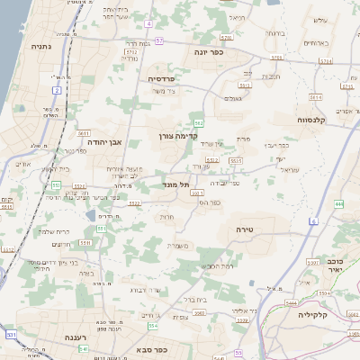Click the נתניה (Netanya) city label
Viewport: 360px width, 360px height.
coord(40,45)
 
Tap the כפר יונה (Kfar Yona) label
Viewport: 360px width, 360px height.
coord(208,52)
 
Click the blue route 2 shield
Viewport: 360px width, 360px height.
coord(57,91)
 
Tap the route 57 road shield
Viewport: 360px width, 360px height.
coord(159,40)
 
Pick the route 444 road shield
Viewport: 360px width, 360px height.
coord(339,204)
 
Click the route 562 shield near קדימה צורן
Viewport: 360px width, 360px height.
coord(198,121)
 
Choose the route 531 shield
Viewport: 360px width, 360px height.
coord(12,335)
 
